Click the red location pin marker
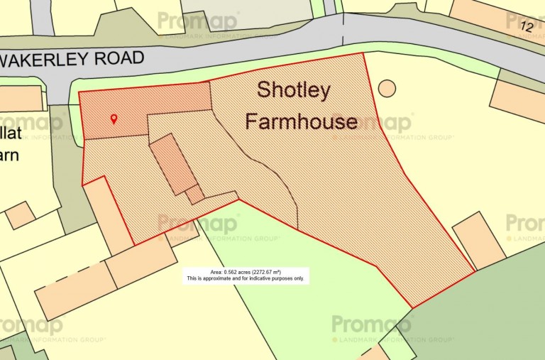point(114,119)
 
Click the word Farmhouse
point(301,121)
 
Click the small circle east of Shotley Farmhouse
point(387,89)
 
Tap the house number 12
point(526,26)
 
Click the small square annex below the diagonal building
point(194,194)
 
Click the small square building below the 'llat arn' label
point(20,214)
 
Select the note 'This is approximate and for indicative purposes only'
point(246,279)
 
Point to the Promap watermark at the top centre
point(198,22)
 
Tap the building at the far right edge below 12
point(517,100)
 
